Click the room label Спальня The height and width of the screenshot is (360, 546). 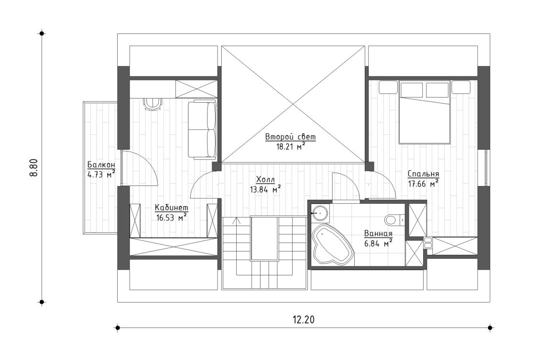coord(423,174)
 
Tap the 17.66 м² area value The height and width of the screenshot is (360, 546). coord(423,183)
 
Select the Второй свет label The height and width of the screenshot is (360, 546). coord(291,137)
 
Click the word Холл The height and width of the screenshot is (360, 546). coord(265,179)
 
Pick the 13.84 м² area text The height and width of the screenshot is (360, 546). coord(265,189)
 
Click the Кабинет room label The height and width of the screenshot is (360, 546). coord(171,208)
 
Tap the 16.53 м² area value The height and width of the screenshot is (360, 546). coord(171,217)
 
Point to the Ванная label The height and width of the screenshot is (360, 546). coord(378,234)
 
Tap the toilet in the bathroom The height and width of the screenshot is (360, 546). coord(391,219)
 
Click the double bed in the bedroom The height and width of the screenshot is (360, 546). coord(425,115)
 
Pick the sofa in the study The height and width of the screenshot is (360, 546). coord(202,130)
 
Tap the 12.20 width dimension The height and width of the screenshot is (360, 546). coord(303,320)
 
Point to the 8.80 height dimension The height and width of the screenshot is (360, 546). coord(33,168)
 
